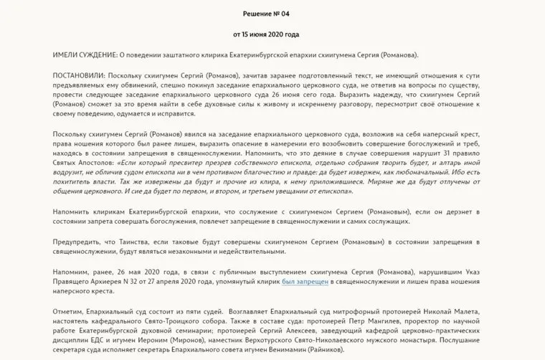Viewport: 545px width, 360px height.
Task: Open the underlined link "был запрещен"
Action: (305, 282)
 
